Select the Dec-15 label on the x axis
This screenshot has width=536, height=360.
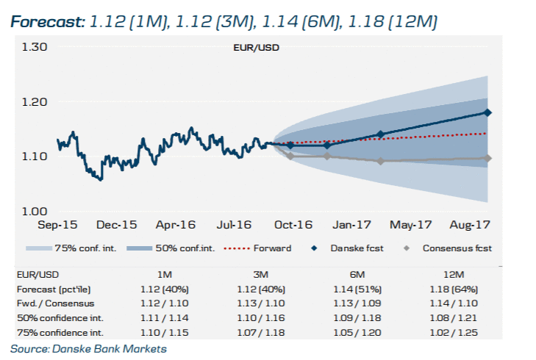click(x=116, y=225)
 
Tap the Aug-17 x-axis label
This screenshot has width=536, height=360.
click(x=471, y=225)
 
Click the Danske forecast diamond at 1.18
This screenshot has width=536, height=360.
click(x=488, y=112)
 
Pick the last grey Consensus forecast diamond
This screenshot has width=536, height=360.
click(x=488, y=158)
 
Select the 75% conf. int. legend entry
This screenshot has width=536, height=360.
click(x=66, y=248)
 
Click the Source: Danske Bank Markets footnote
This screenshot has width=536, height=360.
click(x=88, y=348)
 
